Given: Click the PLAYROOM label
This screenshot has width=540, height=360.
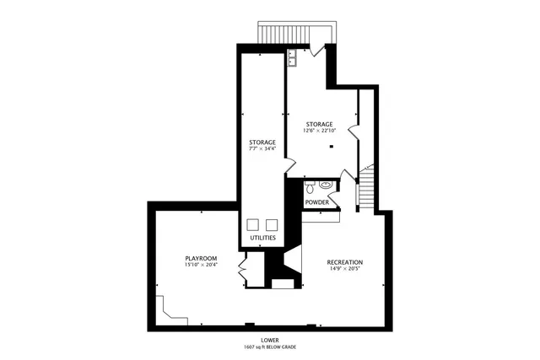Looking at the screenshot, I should (x=202, y=257).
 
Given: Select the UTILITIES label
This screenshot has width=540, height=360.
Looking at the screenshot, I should (x=263, y=238).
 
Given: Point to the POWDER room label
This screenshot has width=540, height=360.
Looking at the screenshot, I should (x=317, y=202).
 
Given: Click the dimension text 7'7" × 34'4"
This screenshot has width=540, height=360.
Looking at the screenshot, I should (x=262, y=149).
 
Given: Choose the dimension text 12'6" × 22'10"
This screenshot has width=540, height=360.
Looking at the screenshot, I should (x=320, y=131).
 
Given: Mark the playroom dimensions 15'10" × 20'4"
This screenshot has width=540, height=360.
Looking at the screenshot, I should (x=202, y=266).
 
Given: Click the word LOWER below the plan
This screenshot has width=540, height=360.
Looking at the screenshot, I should (x=270, y=340).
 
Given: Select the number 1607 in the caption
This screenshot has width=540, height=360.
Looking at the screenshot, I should (x=249, y=347).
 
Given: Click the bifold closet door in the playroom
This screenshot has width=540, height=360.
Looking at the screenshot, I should (x=242, y=271).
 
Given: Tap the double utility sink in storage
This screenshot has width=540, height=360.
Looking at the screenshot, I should (x=292, y=58).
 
